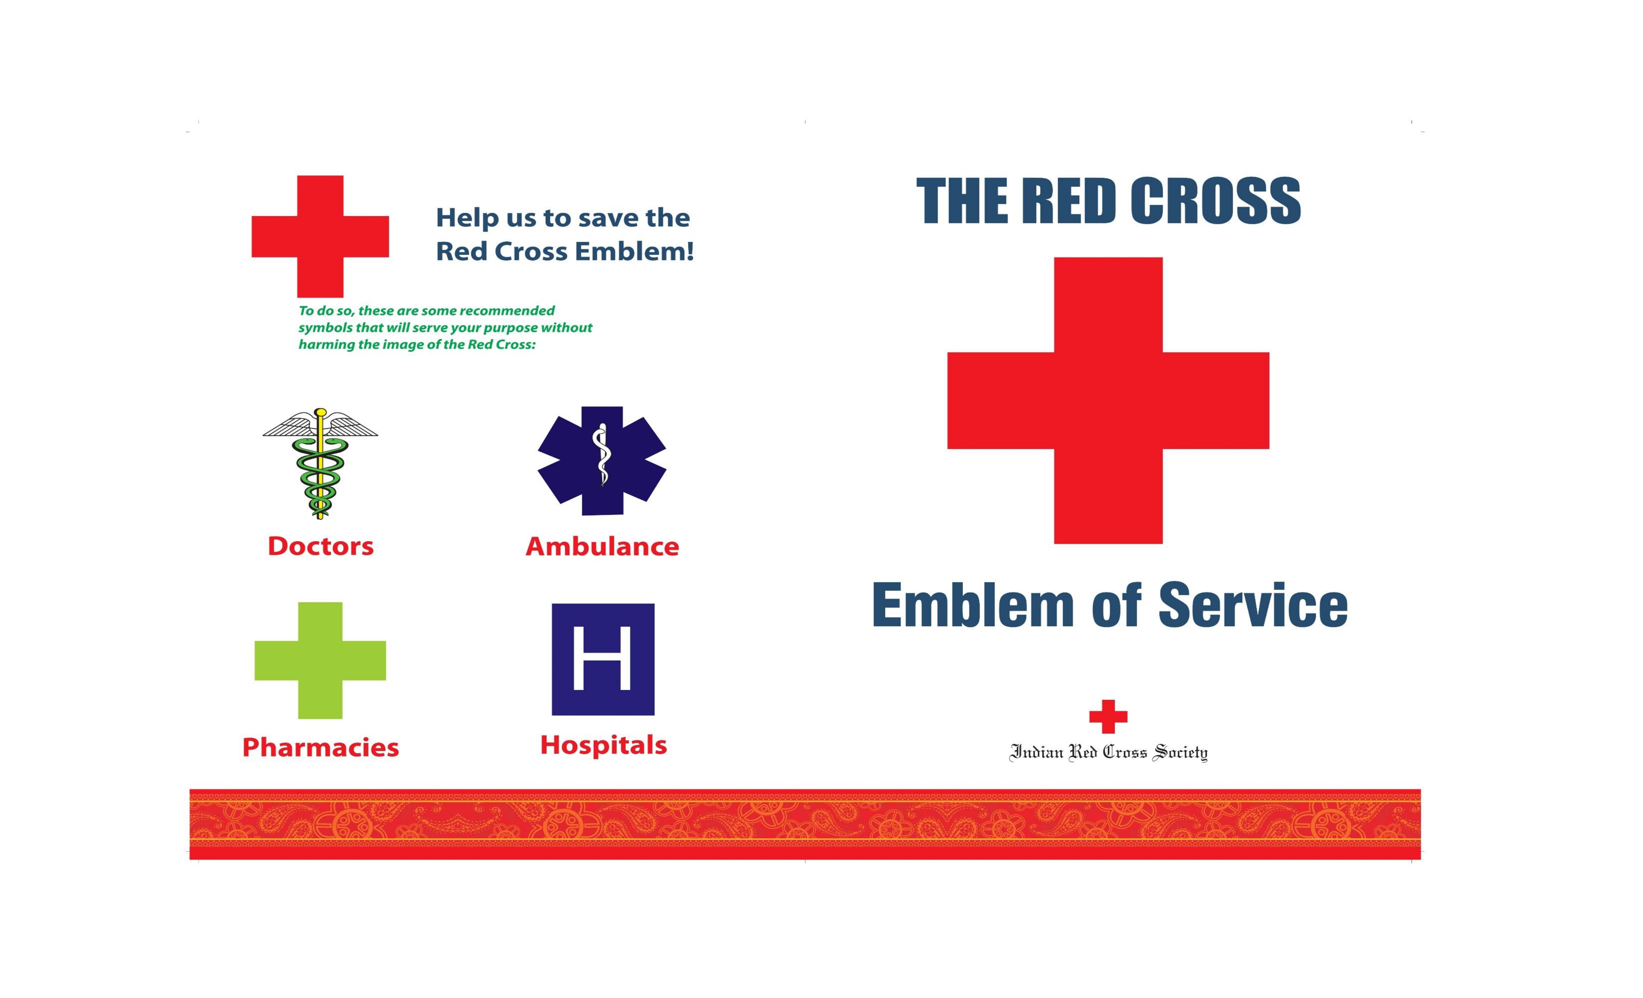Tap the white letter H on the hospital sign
click(602, 658)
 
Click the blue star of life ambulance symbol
click(602, 460)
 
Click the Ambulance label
click(602, 546)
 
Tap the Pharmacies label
click(321, 747)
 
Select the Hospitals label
click(604, 745)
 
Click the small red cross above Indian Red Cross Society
click(1108, 717)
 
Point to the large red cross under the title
click(1108, 400)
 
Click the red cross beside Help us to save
click(320, 236)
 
